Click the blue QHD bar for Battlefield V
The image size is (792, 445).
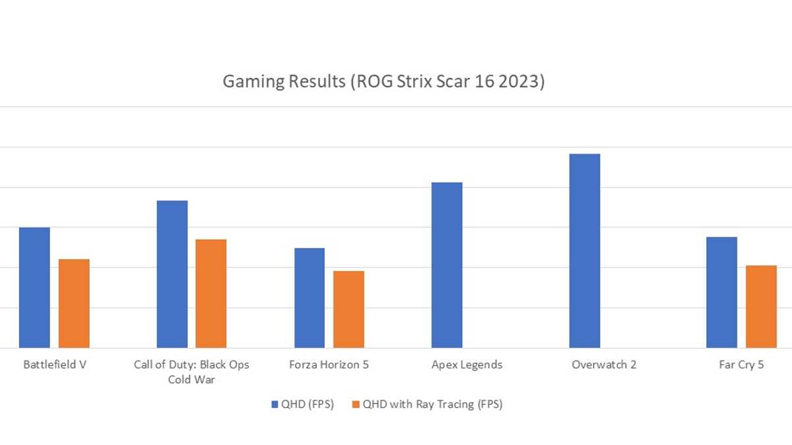[x=34, y=287]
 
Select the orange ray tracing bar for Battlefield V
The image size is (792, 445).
[x=74, y=303]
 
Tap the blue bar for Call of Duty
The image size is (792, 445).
[x=172, y=274]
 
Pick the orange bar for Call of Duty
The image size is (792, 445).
[x=211, y=293]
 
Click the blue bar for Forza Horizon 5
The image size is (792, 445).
[x=310, y=298]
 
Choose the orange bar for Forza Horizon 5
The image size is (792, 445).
[x=348, y=309]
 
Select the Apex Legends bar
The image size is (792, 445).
[x=447, y=265]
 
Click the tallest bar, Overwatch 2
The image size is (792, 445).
[x=585, y=251]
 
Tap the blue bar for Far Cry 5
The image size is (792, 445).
[x=721, y=292]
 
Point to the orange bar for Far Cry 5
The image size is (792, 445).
[x=761, y=307]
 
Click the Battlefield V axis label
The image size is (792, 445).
[x=54, y=365]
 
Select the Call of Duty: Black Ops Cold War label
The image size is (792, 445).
[x=191, y=372]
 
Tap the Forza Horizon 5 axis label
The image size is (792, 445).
[x=329, y=365]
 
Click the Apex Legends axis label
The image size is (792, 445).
[x=467, y=365]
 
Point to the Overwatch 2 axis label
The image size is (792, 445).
[x=605, y=365]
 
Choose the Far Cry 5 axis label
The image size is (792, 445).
[x=742, y=365]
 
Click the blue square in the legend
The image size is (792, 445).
[x=275, y=405]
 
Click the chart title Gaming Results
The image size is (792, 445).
[x=383, y=82]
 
